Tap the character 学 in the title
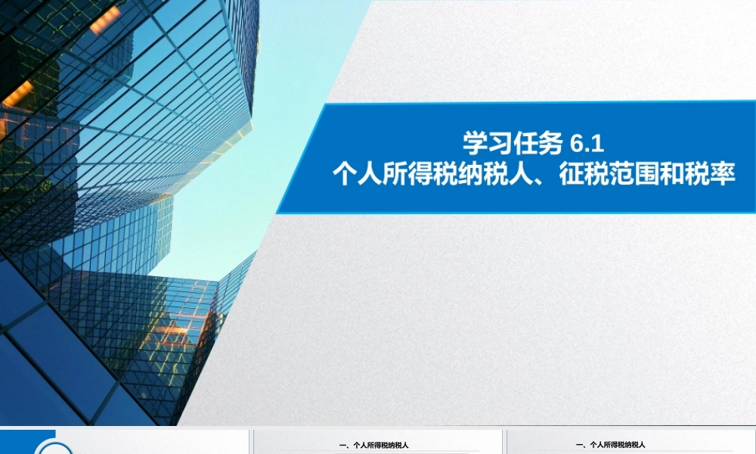point(475,141)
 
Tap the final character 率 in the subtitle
point(723,175)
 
